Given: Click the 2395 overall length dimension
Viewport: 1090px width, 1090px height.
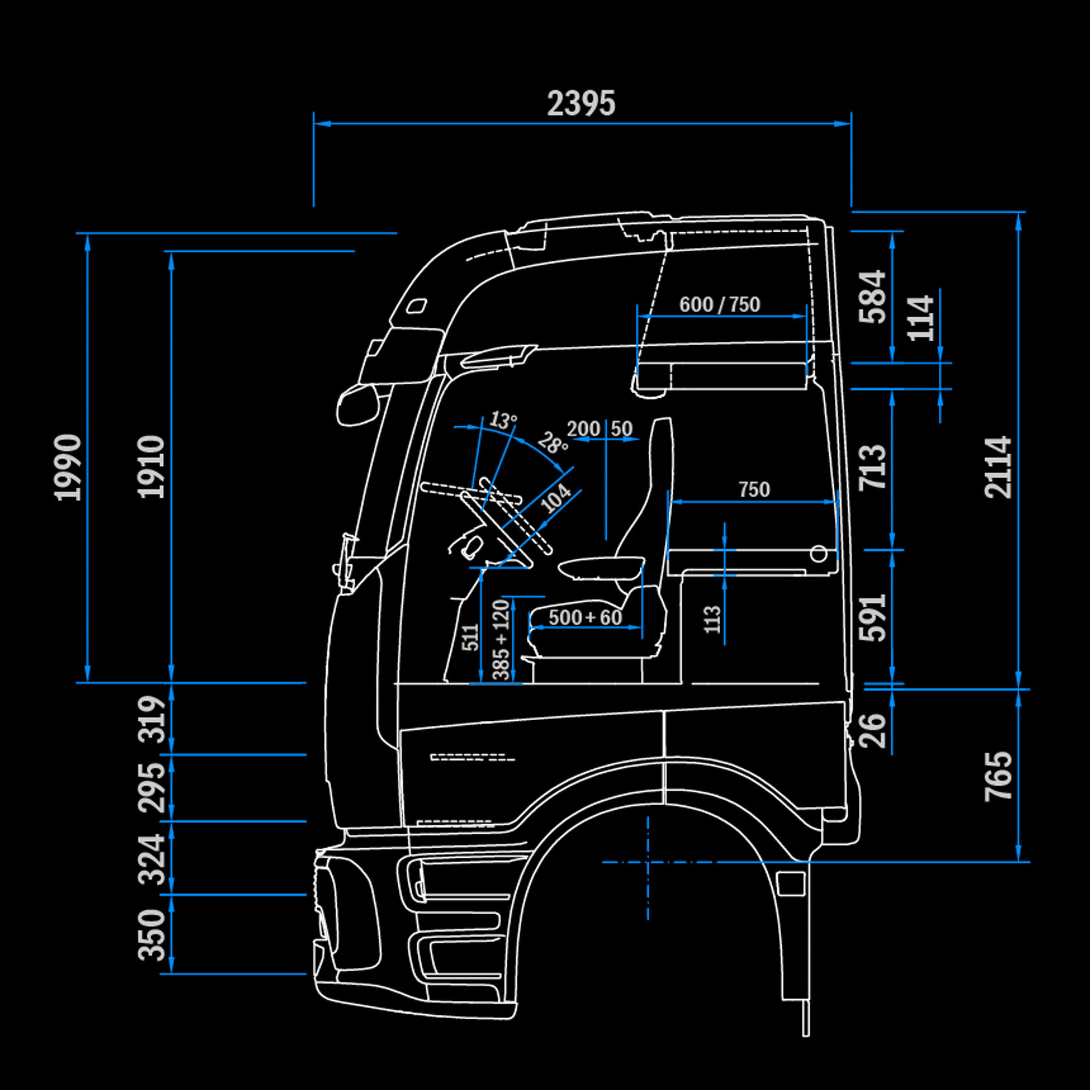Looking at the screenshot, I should [x=581, y=103].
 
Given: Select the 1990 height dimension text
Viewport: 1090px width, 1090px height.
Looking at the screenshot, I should [x=67, y=467].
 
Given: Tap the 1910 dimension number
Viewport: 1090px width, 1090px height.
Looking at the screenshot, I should [x=151, y=467].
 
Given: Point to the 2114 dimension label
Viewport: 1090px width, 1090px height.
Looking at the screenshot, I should [x=998, y=467].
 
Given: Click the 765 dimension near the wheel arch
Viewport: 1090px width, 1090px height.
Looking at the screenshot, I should [x=998, y=776].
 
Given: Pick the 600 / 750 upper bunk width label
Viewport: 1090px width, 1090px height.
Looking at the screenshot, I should [x=719, y=304].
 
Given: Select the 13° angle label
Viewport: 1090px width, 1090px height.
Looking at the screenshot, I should [x=503, y=420].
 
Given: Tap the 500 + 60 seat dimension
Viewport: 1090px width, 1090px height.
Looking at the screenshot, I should [x=585, y=617].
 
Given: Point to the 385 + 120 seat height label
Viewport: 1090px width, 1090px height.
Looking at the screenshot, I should [x=501, y=640].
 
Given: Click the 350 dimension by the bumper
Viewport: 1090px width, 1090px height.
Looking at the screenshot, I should [x=152, y=934].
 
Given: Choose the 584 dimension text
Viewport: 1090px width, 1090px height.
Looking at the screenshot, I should [x=872, y=297].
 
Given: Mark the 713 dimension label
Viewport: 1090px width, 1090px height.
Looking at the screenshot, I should [x=872, y=467].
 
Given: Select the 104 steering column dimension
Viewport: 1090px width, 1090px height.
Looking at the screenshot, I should [x=556, y=498].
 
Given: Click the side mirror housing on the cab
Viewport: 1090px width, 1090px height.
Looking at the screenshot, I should [x=356, y=406].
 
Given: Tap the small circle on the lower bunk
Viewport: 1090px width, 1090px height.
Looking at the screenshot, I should [x=819, y=554].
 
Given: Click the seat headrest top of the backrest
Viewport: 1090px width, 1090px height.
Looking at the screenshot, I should [x=662, y=425].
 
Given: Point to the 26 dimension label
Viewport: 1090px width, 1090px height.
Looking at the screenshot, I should [x=872, y=731].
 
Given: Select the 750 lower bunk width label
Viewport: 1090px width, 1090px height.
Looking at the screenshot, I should [x=754, y=489].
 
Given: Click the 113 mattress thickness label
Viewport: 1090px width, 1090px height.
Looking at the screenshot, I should [x=712, y=620].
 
